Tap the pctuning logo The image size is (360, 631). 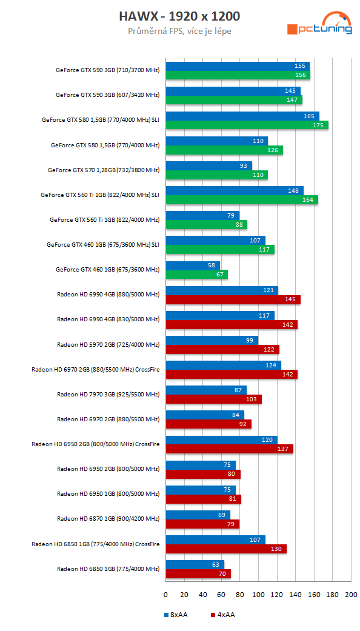pos(319,25)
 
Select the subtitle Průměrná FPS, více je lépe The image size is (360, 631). pos(179,31)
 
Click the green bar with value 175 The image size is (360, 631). pos(247,125)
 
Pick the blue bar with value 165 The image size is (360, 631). pos(242,116)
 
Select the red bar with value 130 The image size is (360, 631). pos(225,549)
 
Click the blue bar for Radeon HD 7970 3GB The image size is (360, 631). pos(206,390)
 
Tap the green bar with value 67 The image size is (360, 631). pos(196,275)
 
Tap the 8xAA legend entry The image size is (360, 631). pos(176,615)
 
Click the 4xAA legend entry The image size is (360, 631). pos(222,615)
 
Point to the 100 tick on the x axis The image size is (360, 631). pos(258,595)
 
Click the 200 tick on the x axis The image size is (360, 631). pos(351,595)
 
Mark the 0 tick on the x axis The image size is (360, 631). pos(166,595)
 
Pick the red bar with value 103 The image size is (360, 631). pos(213,399)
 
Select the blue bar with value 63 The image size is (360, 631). pos(195,565)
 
